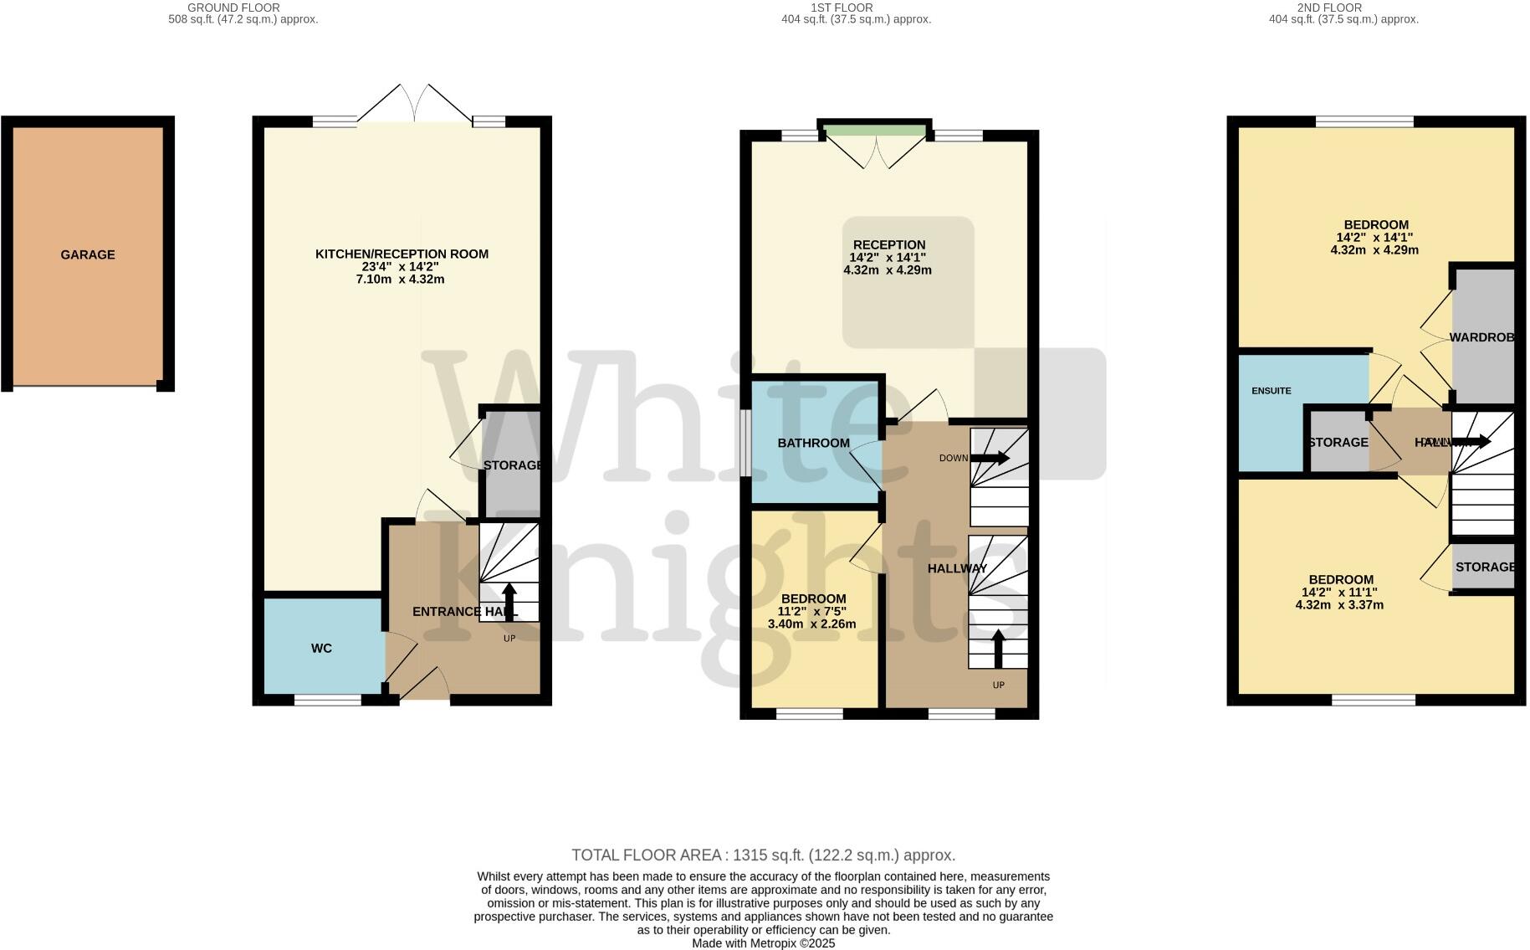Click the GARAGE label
pos(88,254)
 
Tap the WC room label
pos(321,648)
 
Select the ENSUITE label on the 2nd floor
pos(1271,391)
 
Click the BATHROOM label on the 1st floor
pos(813,443)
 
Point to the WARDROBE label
pos(1481,337)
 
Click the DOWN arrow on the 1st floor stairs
pos(990,458)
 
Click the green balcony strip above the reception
pos(875,130)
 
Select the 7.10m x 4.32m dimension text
pos(400,279)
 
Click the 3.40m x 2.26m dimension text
pos(811,624)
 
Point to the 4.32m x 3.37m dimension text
pos(1339,604)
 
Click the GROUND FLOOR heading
pos(233,8)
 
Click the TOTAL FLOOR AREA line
pos(763,855)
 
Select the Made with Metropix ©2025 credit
pos(763,942)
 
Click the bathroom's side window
pos(745,443)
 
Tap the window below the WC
pos(327,700)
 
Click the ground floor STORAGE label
pos(512,465)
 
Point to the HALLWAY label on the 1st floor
pos(957,568)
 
